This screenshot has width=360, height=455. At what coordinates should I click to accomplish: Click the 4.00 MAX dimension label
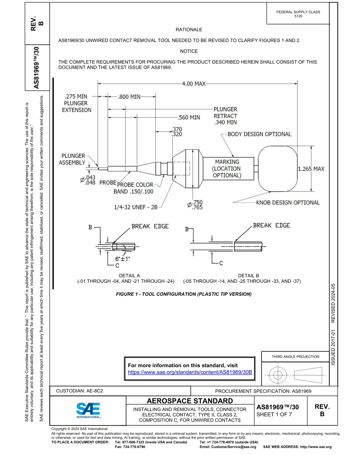[194, 84]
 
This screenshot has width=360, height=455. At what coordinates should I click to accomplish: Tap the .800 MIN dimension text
[129, 97]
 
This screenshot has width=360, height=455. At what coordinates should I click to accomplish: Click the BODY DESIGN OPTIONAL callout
[259, 134]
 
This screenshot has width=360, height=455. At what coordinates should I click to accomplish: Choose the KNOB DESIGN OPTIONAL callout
[288, 203]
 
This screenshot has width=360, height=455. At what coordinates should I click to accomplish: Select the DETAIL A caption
[130, 276]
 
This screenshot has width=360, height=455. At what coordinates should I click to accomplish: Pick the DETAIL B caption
[248, 276]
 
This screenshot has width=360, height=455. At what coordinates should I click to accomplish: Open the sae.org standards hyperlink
[190, 372]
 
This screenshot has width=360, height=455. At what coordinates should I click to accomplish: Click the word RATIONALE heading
[189, 30]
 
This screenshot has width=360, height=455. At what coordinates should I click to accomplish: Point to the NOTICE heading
[189, 51]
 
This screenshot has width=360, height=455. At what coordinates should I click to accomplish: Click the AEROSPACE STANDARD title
[189, 401]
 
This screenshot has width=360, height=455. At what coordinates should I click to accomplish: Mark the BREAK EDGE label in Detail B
[271, 225]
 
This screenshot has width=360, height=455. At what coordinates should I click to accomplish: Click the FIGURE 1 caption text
[184, 294]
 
